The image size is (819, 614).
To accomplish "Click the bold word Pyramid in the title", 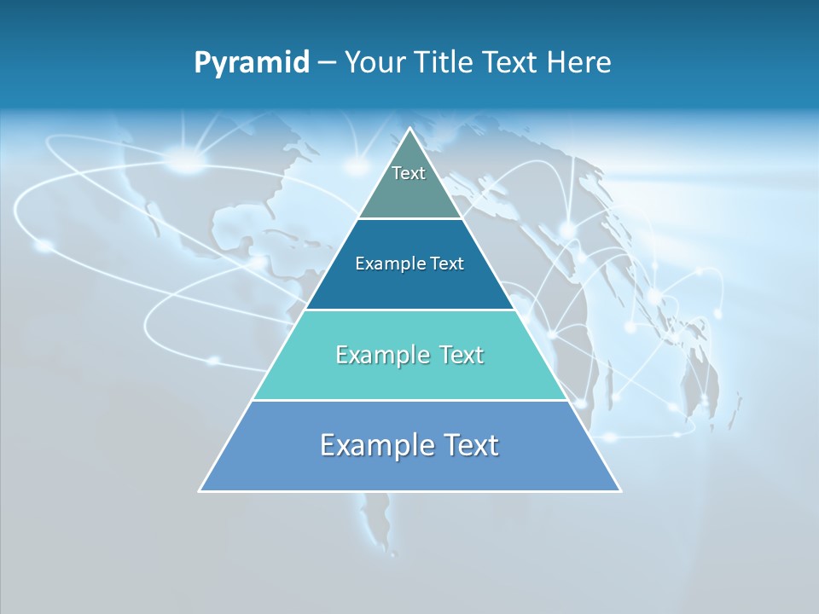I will pos(252,63).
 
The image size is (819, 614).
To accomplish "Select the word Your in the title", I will pos(375,63).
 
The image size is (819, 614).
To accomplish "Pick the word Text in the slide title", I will pos(512,63).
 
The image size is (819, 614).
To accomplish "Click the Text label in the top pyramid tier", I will pos(409,173).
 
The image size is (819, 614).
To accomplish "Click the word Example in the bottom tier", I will pos(375,445).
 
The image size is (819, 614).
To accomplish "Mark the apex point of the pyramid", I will pos(410,129).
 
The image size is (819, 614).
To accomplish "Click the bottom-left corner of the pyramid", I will pos(200,491).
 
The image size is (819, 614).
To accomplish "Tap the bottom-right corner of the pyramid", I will pos(620,491).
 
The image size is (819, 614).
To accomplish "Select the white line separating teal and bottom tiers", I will pos(409,401).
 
